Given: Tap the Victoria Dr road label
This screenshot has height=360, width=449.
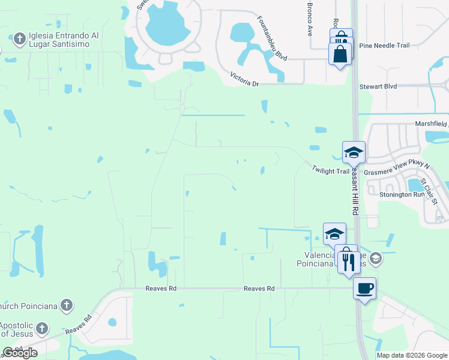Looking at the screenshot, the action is (x=244, y=79).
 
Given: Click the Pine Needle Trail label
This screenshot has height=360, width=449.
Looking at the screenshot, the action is (x=384, y=46).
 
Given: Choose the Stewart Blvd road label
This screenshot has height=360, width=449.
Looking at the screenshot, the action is (x=378, y=87).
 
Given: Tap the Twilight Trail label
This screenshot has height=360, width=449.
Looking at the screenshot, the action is (x=330, y=171).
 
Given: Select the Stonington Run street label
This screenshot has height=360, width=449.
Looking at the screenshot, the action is (x=403, y=194).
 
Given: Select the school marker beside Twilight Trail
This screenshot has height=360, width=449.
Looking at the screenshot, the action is (x=354, y=152).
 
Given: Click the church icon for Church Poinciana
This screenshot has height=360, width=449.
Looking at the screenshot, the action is (x=67, y=305).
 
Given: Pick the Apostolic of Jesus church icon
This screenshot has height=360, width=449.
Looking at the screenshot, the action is (x=41, y=328).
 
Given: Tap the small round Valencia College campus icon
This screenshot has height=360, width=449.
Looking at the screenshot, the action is (x=376, y=259).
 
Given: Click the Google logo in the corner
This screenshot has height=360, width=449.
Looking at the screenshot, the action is (x=20, y=353).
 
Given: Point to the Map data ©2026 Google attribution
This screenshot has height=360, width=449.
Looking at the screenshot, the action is (x=411, y=355).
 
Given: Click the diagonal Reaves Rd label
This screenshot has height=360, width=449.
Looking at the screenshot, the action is (x=77, y=325).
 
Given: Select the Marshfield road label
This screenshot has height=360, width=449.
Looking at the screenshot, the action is (x=432, y=124).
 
